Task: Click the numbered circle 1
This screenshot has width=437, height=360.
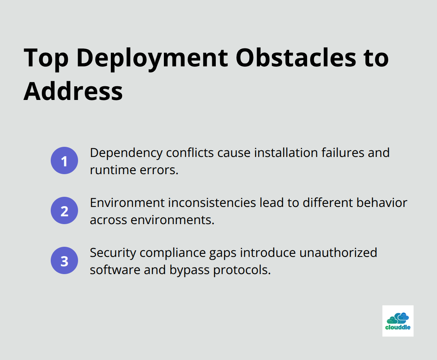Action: (x=64, y=160)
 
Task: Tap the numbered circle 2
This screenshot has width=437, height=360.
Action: (x=64, y=210)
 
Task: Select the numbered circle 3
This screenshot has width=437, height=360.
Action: (x=64, y=260)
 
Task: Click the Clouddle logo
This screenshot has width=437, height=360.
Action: (x=398, y=321)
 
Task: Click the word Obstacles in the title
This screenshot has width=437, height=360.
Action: (x=296, y=58)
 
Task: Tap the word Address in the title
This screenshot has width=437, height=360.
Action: (x=73, y=91)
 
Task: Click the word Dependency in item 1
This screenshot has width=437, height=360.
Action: (x=126, y=153)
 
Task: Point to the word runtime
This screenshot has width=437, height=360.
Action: (x=113, y=170)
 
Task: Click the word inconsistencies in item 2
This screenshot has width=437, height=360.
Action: (x=212, y=203)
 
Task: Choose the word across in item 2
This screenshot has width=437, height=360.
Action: (x=108, y=220)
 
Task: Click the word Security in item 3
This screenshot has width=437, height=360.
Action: (x=113, y=253)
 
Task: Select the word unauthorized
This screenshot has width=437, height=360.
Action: (x=338, y=253)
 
